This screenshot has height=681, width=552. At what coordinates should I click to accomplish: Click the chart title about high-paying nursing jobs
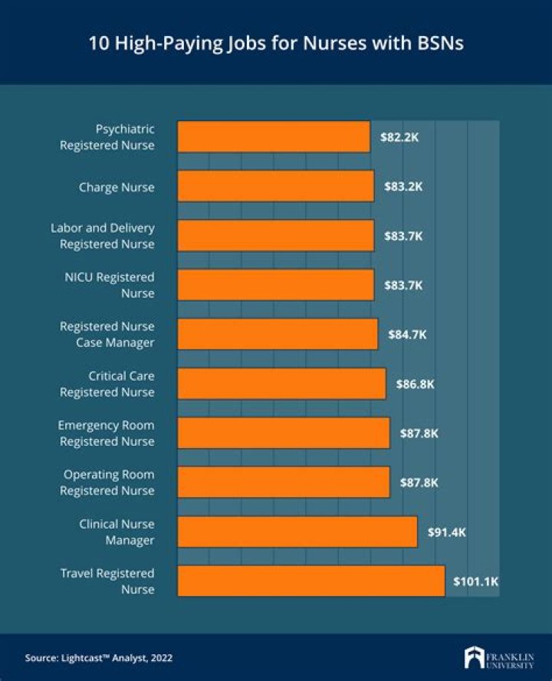(276, 43)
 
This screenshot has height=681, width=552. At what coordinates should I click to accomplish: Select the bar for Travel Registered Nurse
(310, 581)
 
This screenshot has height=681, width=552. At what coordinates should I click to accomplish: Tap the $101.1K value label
(475, 581)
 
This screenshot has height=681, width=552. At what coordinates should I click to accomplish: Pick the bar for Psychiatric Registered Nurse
(274, 137)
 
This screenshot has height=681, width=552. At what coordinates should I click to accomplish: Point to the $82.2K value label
(399, 137)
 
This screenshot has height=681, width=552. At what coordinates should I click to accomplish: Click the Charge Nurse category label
(117, 187)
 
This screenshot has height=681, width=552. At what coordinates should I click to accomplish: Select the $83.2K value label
(403, 187)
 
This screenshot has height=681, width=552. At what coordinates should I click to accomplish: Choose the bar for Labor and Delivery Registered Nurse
(276, 236)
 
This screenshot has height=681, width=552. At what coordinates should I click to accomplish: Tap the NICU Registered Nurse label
(109, 285)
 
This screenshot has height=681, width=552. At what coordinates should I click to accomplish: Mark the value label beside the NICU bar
(403, 285)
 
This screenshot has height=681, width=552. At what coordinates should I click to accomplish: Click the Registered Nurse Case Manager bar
(278, 335)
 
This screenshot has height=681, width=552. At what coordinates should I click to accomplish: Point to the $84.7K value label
(407, 335)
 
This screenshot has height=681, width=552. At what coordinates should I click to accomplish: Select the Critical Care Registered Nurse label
(107, 384)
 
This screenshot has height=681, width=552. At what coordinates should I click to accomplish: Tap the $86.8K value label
(415, 384)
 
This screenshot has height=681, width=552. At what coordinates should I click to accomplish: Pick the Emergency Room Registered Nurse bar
(284, 433)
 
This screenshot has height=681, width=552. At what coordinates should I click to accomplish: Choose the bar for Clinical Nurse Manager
(297, 532)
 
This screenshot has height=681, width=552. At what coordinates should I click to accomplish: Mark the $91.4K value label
(446, 532)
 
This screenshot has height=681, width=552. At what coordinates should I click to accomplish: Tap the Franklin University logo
(498, 657)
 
